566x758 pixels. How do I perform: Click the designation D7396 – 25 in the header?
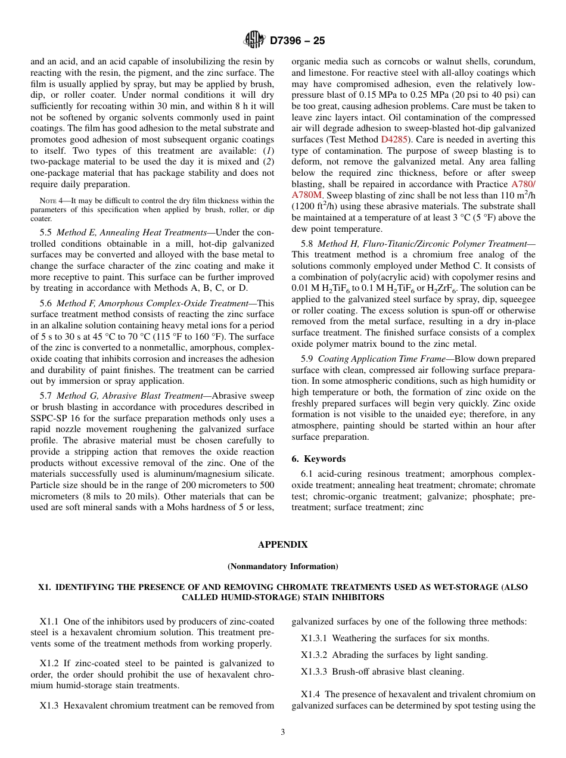pos(297,41)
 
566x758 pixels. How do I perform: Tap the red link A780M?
pos(307,195)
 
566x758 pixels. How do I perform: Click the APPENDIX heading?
pos(282,545)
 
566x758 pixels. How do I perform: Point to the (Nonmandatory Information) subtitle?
pos(282,566)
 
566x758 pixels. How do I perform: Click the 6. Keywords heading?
pos(319,459)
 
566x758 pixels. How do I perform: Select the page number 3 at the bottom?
pos(283,732)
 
